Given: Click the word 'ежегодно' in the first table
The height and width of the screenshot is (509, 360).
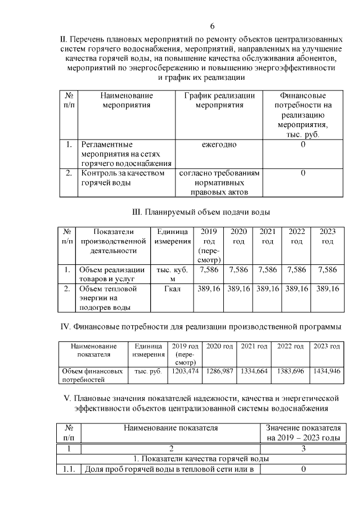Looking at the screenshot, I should (x=219, y=145).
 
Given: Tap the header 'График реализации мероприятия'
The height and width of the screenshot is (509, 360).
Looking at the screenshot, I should (x=219, y=100).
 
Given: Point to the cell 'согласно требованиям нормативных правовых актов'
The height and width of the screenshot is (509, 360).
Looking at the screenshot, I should (x=219, y=183).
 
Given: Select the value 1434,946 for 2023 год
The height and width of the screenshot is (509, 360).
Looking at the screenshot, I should (x=326, y=372).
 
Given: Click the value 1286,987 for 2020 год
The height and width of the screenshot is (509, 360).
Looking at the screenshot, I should (x=219, y=372).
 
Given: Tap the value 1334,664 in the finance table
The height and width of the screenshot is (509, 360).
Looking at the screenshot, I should (x=254, y=372).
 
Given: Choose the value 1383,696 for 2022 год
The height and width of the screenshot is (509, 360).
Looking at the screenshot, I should (x=290, y=372).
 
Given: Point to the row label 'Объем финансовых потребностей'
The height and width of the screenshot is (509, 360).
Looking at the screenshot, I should (x=91, y=376).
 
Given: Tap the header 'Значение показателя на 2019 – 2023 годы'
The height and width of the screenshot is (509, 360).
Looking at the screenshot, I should (x=303, y=433).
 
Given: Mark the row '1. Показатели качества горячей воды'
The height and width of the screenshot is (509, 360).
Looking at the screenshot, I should (x=200, y=459).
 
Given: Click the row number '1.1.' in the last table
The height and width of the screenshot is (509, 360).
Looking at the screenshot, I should (x=70, y=470).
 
